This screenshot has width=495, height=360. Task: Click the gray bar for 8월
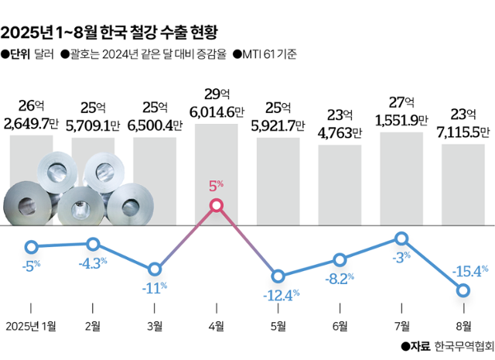(463, 184)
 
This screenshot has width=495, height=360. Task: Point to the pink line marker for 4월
(217, 205)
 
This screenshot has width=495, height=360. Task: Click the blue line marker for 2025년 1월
(31, 248)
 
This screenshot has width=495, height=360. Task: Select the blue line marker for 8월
(463, 290)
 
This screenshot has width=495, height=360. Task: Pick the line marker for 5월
(278, 276)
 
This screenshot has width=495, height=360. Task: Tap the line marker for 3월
(155, 269)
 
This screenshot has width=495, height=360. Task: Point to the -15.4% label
(472, 271)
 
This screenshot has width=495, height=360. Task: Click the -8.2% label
(340, 276)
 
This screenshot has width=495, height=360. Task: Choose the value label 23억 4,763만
(340, 122)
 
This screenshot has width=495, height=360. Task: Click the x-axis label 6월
(340, 325)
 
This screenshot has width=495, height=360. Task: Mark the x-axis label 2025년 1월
(31, 325)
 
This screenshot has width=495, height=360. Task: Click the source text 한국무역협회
(463, 346)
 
